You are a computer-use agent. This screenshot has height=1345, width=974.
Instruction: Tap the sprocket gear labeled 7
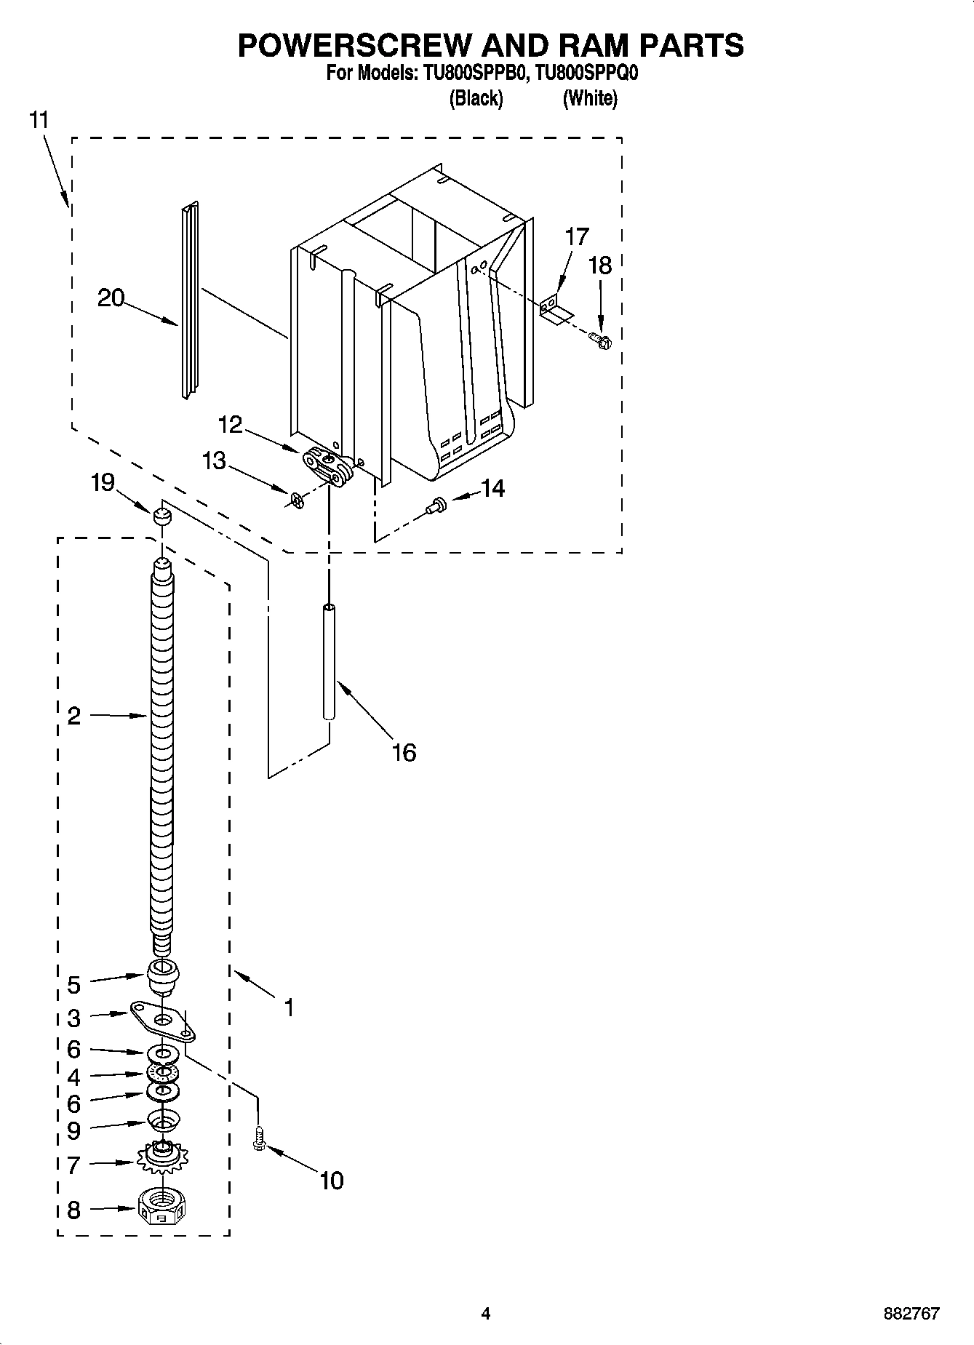tap(161, 1156)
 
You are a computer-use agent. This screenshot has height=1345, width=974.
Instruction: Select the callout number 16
tap(404, 753)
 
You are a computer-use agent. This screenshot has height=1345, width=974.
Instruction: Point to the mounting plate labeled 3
tap(163, 1020)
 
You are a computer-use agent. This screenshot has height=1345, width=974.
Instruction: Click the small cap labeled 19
tap(161, 516)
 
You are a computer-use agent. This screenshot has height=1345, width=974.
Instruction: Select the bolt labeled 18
tap(601, 339)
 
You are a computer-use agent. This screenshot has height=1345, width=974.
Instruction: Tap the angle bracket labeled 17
tap(554, 307)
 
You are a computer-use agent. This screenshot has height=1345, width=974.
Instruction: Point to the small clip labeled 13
tap(296, 500)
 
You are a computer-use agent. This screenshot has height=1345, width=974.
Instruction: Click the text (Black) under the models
tap(476, 98)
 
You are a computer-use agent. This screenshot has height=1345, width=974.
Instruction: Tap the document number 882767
tap(911, 1314)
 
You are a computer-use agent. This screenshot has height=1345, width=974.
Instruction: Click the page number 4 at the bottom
tap(485, 1313)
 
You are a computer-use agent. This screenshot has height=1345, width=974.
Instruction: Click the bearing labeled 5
tap(163, 976)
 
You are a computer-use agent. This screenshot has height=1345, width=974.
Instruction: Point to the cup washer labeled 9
tap(163, 1120)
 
